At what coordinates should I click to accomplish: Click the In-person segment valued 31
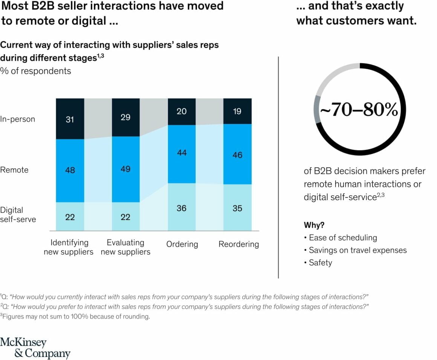pyautogui.click(x=70, y=119)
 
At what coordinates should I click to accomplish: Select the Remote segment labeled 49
pyautogui.click(x=125, y=169)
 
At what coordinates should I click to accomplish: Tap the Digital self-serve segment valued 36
pyautogui.click(x=182, y=207)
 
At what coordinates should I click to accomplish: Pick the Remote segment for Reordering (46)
pyautogui.click(x=237, y=154)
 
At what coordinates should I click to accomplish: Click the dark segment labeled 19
pyautogui.click(x=237, y=111)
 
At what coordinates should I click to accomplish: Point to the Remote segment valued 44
pyautogui.click(x=182, y=152)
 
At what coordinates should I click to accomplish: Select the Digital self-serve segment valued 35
pyautogui.click(x=237, y=208)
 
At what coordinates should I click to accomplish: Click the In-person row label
pyautogui.click(x=17, y=119)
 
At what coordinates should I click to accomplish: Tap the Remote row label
pyautogui.click(x=14, y=170)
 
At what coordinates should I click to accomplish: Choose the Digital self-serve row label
pyautogui.click(x=18, y=214)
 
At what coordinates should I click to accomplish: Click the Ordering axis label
pyautogui.click(x=182, y=244)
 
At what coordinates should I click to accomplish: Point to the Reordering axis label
pyautogui.click(x=238, y=244)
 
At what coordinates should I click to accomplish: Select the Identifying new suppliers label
pyautogui.click(x=69, y=247)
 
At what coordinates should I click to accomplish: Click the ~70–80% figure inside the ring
pyautogui.click(x=359, y=110)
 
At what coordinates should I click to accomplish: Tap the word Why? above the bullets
pyautogui.click(x=314, y=225)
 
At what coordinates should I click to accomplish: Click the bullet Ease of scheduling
pyautogui.click(x=342, y=237)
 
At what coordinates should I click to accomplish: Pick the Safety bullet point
pyautogui.click(x=320, y=263)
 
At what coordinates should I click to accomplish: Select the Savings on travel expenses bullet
pyautogui.click(x=357, y=250)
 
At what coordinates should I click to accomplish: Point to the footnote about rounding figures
pyautogui.click(x=75, y=316)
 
